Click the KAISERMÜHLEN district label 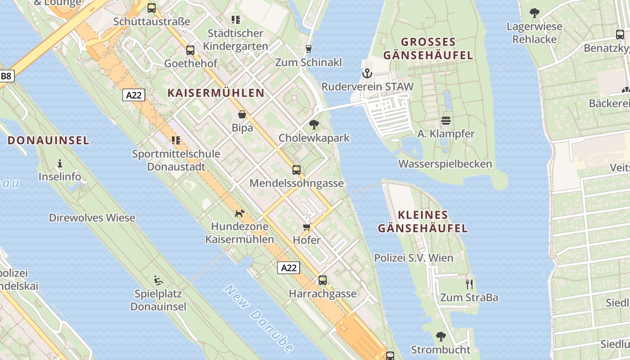point(216,93)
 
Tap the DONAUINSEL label point(49,140)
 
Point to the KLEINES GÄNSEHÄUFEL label point(423,222)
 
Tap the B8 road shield point(6,76)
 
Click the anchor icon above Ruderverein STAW point(367,73)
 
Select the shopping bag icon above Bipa point(242,115)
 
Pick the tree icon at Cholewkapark point(314,125)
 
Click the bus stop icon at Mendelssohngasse point(297,170)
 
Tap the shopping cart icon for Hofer point(307,227)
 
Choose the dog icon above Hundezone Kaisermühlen point(240,213)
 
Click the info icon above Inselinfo point(60,163)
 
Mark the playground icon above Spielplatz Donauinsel point(158,280)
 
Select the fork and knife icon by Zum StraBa point(469,284)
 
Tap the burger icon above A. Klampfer point(446,121)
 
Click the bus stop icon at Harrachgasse point(323,280)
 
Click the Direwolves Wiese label point(92,218)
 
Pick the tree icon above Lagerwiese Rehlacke point(535,13)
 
